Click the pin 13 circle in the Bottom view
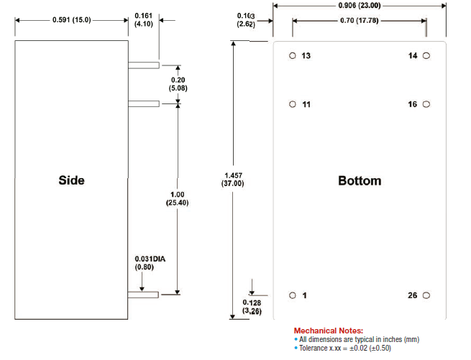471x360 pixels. (293, 56)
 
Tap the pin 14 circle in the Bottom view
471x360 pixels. (426, 55)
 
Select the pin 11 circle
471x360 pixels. (293, 104)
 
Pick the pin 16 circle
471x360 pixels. (426, 104)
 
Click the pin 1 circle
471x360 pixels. (293, 295)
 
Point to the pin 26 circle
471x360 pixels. (426, 295)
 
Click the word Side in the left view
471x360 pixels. (71, 180)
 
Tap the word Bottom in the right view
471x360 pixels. (360, 180)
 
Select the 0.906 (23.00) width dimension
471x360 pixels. (360, 5)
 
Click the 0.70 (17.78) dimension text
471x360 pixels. (360, 20)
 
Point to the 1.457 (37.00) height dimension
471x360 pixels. (233, 179)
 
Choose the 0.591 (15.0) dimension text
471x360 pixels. (71, 19)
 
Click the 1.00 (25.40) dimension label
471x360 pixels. (177, 198)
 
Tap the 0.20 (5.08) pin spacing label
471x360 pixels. (177, 83)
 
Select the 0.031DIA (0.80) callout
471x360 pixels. (150, 263)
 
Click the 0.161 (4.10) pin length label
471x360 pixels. (144, 19)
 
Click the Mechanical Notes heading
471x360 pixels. (329, 330)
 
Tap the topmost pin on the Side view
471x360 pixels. (144, 65)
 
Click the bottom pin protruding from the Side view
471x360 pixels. (144, 293)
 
